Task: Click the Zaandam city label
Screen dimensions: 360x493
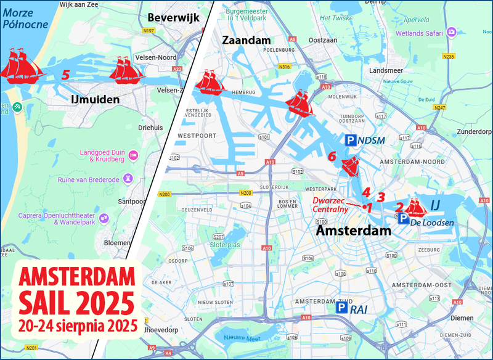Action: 246,40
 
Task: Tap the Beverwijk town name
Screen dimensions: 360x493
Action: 173,18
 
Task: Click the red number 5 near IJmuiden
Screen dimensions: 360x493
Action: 65,75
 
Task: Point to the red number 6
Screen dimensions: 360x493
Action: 332,157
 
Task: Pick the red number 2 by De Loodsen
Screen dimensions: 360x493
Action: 399,207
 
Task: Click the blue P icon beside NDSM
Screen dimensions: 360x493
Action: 351,141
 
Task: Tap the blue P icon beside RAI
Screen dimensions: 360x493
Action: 341,308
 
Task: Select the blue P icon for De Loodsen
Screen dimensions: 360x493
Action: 402,219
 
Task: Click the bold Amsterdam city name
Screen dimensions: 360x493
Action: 354,231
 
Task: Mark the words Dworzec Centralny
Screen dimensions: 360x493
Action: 330,205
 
